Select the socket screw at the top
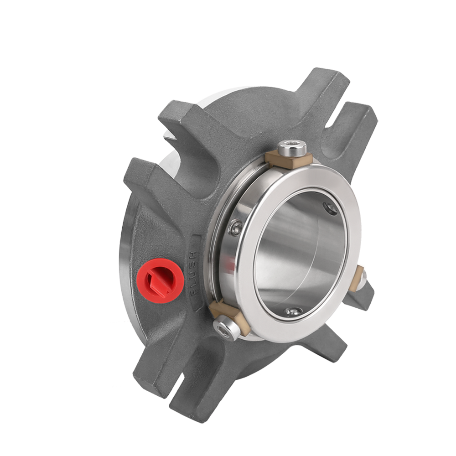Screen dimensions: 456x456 coord(292,148)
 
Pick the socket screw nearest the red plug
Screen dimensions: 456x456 coord(226,329)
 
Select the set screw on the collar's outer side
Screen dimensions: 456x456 coord(236,228)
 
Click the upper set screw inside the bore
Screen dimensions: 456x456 coord(330,208)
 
